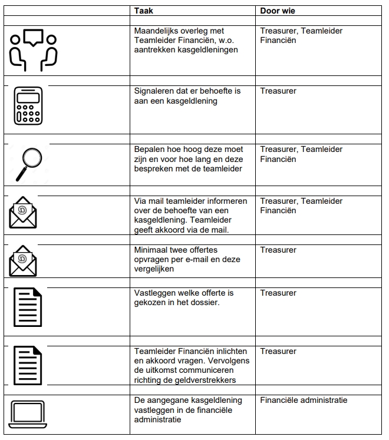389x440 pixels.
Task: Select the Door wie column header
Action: [278, 11]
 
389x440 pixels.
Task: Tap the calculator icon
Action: [28, 106]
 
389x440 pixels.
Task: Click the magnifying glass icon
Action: [29, 163]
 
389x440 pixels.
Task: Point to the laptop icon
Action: [28, 414]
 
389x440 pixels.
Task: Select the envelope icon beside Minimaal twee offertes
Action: [23, 261]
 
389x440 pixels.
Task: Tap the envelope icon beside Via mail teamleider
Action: [23, 211]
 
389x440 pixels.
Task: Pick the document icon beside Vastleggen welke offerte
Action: [28, 306]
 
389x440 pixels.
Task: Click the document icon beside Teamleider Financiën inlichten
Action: [28, 365]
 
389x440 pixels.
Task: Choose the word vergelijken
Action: [154, 269]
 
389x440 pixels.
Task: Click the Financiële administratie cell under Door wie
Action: [304, 400]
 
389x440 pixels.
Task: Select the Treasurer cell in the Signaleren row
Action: [278, 91]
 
